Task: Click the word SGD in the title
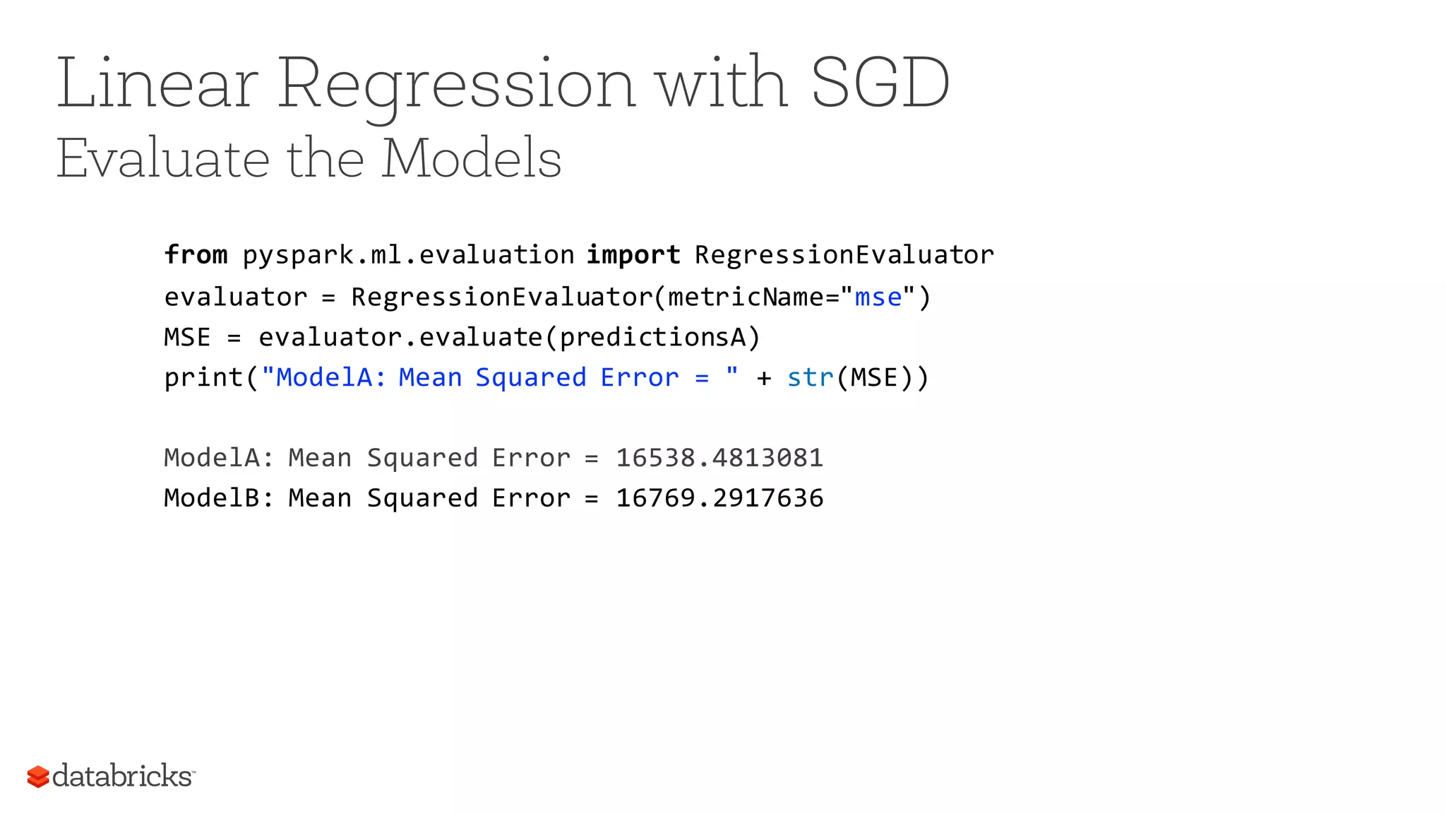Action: point(880,83)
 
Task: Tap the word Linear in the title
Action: point(157,83)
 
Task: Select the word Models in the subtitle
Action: point(471,158)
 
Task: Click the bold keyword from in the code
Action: point(196,254)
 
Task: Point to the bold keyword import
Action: point(633,254)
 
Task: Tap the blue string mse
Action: point(878,297)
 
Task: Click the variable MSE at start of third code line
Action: point(187,338)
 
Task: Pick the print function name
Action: point(203,378)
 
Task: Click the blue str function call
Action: point(810,378)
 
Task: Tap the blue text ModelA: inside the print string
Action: point(330,378)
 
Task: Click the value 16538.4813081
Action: point(719,458)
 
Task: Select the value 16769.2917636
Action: point(719,498)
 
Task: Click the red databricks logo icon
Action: point(38,777)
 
